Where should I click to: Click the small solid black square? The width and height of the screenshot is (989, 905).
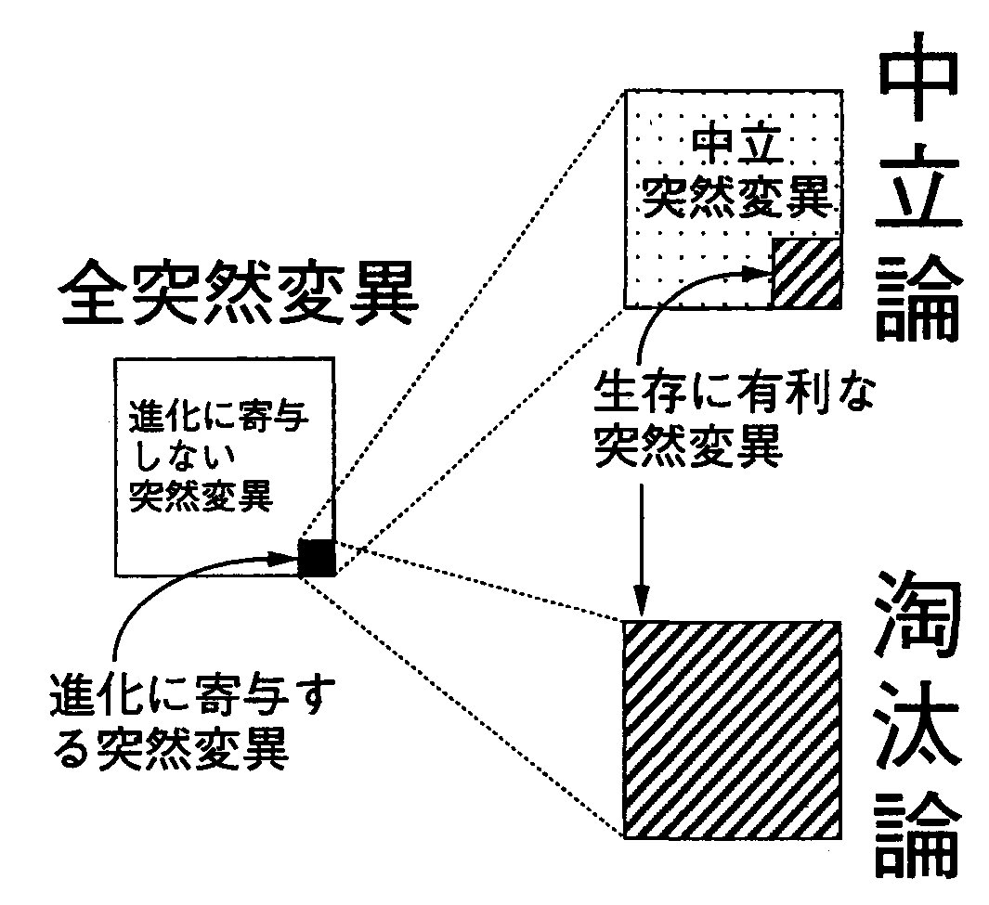point(317,557)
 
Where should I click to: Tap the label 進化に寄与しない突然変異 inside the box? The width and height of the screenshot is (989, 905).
point(216,458)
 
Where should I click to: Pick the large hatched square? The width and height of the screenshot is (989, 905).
point(732,729)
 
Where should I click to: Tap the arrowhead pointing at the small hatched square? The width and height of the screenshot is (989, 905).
point(759,272)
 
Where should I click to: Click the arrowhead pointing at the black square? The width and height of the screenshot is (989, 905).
point(285,558)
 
